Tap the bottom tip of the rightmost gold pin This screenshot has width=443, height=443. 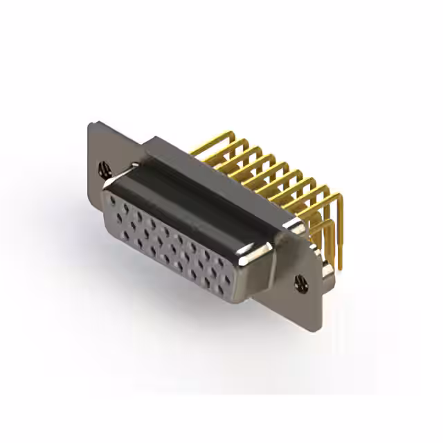[x=341, y=266]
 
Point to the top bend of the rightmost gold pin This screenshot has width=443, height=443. [x=338, y=197]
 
